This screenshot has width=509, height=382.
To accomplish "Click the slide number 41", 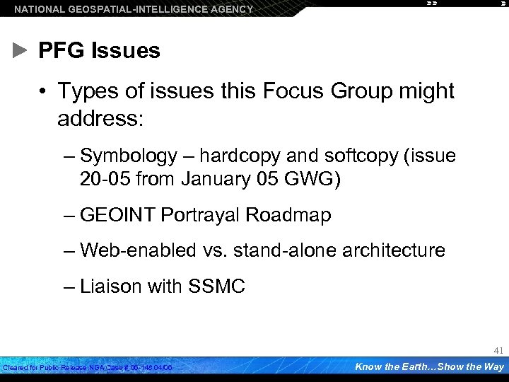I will point(498,350).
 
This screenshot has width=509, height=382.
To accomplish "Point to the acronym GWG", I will point(314,179).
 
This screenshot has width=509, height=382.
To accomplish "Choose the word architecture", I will point(385,250).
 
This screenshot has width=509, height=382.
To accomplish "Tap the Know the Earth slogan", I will point(429,366).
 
